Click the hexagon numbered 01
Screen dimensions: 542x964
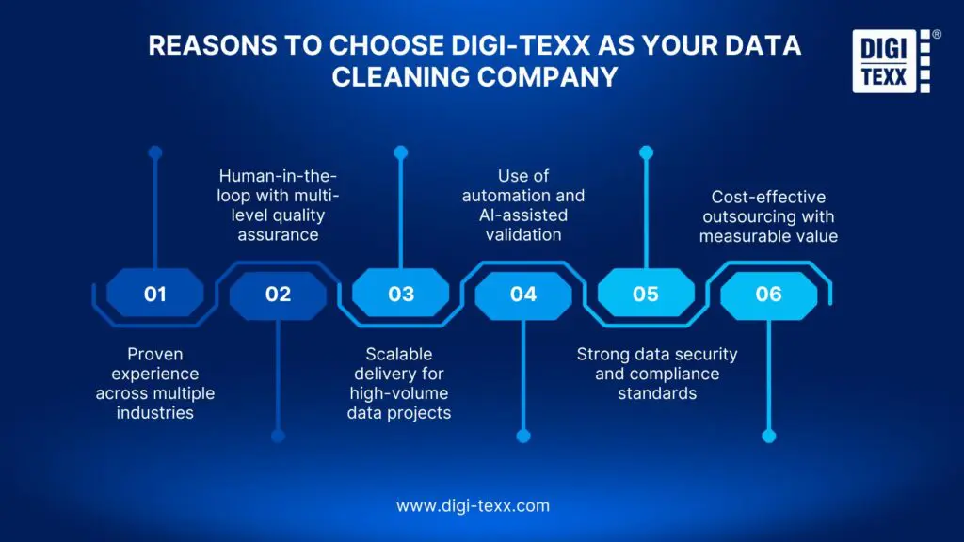[155, 294]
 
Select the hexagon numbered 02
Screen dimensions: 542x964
[278, 294]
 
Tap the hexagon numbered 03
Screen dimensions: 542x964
[401, 294]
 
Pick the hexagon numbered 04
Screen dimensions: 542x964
[523, 294]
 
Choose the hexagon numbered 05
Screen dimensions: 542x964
[646, 294]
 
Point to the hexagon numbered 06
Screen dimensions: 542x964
[768, 294]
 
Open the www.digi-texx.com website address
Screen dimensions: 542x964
[473, 505]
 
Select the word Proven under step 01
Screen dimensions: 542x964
[155, 354]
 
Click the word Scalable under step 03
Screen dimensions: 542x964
[399, 354]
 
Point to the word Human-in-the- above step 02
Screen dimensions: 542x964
[278, 176]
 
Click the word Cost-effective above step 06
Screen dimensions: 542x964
[768, 197]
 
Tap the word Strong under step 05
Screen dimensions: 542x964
[604, 354]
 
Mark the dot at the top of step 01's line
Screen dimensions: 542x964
[155, 151]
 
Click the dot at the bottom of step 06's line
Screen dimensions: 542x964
[768, 436]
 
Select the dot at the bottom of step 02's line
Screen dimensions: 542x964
[278, 436]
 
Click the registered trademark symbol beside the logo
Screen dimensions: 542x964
[936, 35]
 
